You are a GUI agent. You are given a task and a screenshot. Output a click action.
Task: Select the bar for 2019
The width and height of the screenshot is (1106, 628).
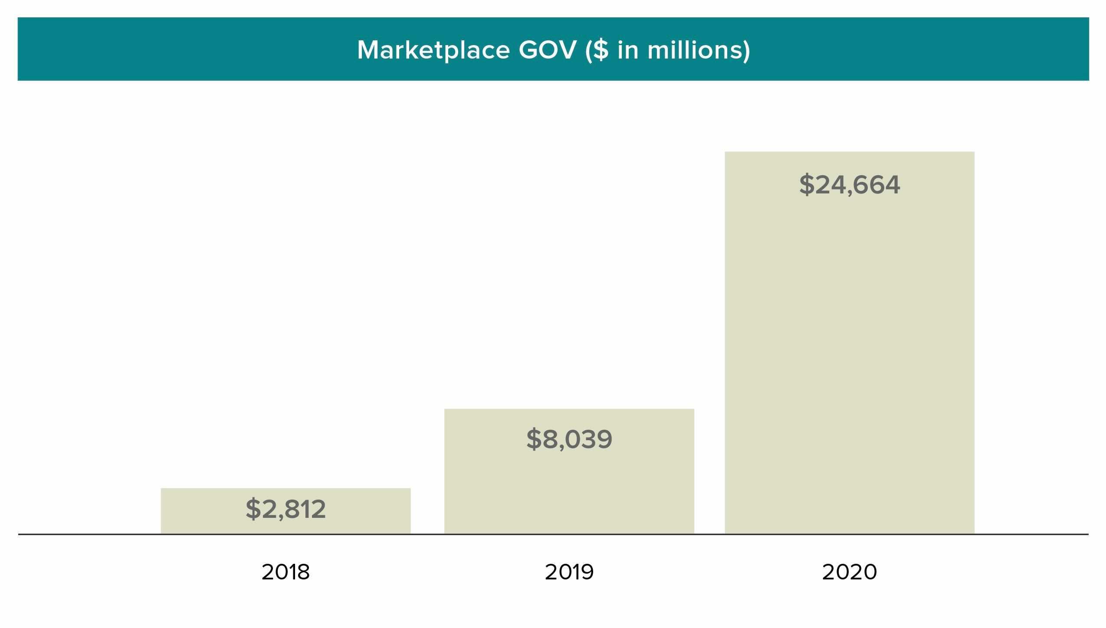(x=569, y=486)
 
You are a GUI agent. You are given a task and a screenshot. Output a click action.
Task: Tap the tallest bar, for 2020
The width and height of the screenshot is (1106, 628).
(x=849, y=347)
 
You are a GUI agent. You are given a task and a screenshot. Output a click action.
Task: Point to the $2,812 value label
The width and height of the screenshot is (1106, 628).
(x=286, y=509)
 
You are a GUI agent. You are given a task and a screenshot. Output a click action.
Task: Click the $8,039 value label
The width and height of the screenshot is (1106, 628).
(x=569, y=439)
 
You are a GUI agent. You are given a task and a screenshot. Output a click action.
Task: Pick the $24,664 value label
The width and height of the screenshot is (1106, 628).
(x=849, y=185)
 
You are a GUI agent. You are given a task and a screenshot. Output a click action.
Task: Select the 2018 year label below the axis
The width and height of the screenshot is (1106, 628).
(x=286, y=572)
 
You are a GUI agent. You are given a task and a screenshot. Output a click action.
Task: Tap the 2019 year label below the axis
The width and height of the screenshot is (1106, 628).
(x=569, y=572)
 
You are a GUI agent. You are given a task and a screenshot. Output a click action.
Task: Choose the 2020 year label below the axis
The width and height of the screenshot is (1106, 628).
(x=849, y=572)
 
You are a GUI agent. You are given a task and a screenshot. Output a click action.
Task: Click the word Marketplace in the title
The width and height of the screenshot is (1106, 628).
(x=433, y=50)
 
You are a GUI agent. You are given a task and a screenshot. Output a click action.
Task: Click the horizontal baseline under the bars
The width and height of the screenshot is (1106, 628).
(x=553, y=534)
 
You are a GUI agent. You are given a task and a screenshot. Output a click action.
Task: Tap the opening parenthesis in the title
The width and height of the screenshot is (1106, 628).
(x=588, y=50)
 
